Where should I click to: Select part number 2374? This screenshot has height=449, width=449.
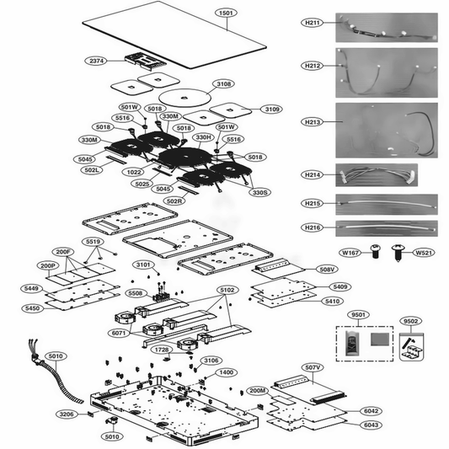coord(97,61)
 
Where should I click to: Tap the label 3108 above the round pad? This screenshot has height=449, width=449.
coord(200,84)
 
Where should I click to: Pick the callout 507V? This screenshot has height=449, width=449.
coord(313,367)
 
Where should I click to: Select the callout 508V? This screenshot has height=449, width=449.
coord(326,270)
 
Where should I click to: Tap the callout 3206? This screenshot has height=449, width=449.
coord(67,414)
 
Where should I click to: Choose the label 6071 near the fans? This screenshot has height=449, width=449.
coord(120,334)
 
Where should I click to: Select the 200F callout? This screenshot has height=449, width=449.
coord(64,252)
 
